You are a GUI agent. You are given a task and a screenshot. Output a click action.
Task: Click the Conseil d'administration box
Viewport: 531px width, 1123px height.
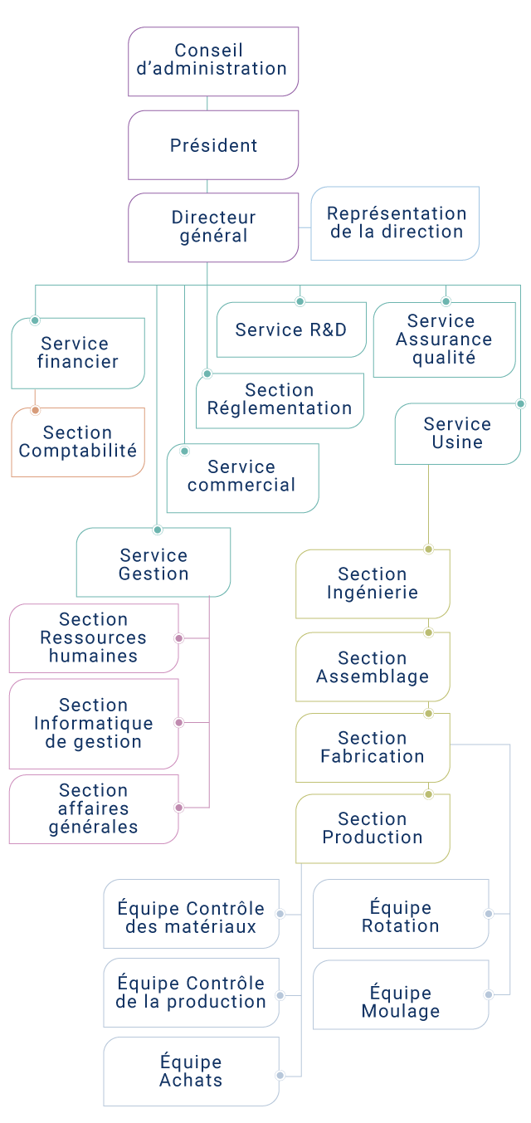coord(213,61)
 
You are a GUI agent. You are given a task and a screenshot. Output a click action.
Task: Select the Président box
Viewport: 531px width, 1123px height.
coord(213,145)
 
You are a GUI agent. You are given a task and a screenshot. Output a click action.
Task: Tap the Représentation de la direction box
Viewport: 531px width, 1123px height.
coord(395,223)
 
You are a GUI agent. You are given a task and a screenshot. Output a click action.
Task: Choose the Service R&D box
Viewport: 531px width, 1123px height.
coord(291,330)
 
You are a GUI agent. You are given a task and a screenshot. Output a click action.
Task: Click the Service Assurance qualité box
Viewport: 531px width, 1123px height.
coord(445,339)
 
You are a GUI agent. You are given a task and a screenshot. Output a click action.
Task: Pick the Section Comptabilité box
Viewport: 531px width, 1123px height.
coord(78,442)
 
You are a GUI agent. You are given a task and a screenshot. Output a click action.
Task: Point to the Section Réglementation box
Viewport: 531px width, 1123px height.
coord(280,401)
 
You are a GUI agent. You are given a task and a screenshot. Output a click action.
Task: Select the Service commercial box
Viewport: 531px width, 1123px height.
coord(243,478)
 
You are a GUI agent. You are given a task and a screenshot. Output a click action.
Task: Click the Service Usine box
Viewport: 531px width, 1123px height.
coord(458,433)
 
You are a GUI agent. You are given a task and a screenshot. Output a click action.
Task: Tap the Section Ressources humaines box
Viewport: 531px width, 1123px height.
coord(94,638)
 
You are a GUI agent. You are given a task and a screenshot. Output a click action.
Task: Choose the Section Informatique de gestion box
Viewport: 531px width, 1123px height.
coord(94,724)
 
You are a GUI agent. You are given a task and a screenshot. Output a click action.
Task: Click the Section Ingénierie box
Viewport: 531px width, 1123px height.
coord(373,584)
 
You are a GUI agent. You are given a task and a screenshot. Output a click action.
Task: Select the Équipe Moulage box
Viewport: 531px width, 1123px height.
coord(401,994)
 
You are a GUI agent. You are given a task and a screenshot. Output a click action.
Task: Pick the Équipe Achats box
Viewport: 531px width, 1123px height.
coord(192,1072)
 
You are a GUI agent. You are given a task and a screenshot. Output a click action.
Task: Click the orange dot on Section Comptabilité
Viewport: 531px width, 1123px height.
coord(35,411)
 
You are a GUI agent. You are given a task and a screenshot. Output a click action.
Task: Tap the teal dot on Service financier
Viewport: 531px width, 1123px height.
coord(35,320)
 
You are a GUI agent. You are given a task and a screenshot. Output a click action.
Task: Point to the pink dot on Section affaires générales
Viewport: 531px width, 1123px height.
coord(179,808)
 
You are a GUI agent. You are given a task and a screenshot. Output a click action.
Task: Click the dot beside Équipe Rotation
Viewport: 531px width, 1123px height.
coord(489,914)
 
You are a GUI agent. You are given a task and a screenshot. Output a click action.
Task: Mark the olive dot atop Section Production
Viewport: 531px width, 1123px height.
coord(429,794)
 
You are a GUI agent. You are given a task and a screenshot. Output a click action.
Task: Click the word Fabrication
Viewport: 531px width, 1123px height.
coord(373,756)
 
